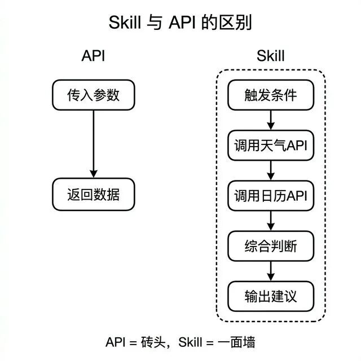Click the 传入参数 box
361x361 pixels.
[94, 95]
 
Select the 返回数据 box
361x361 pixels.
[94, 195]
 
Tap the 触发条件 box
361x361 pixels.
[270, 95]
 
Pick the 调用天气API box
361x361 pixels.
[270, 145]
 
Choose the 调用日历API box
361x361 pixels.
[270, 195]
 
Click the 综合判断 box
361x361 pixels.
[270, 246]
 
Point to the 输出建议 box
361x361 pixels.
[270, 296]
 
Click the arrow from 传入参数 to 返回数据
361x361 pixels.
[94, 144]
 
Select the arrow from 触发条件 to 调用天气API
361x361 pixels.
[270, 120]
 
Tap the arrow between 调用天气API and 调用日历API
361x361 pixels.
[270, 170]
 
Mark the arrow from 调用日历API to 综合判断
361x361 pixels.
[270, 221]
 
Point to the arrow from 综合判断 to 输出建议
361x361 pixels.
[270, 271]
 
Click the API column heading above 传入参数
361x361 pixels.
[93, 56]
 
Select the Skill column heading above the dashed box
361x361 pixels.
[270, 56]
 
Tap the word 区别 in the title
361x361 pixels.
[236, 23]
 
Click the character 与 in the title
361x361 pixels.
[153, 23]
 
